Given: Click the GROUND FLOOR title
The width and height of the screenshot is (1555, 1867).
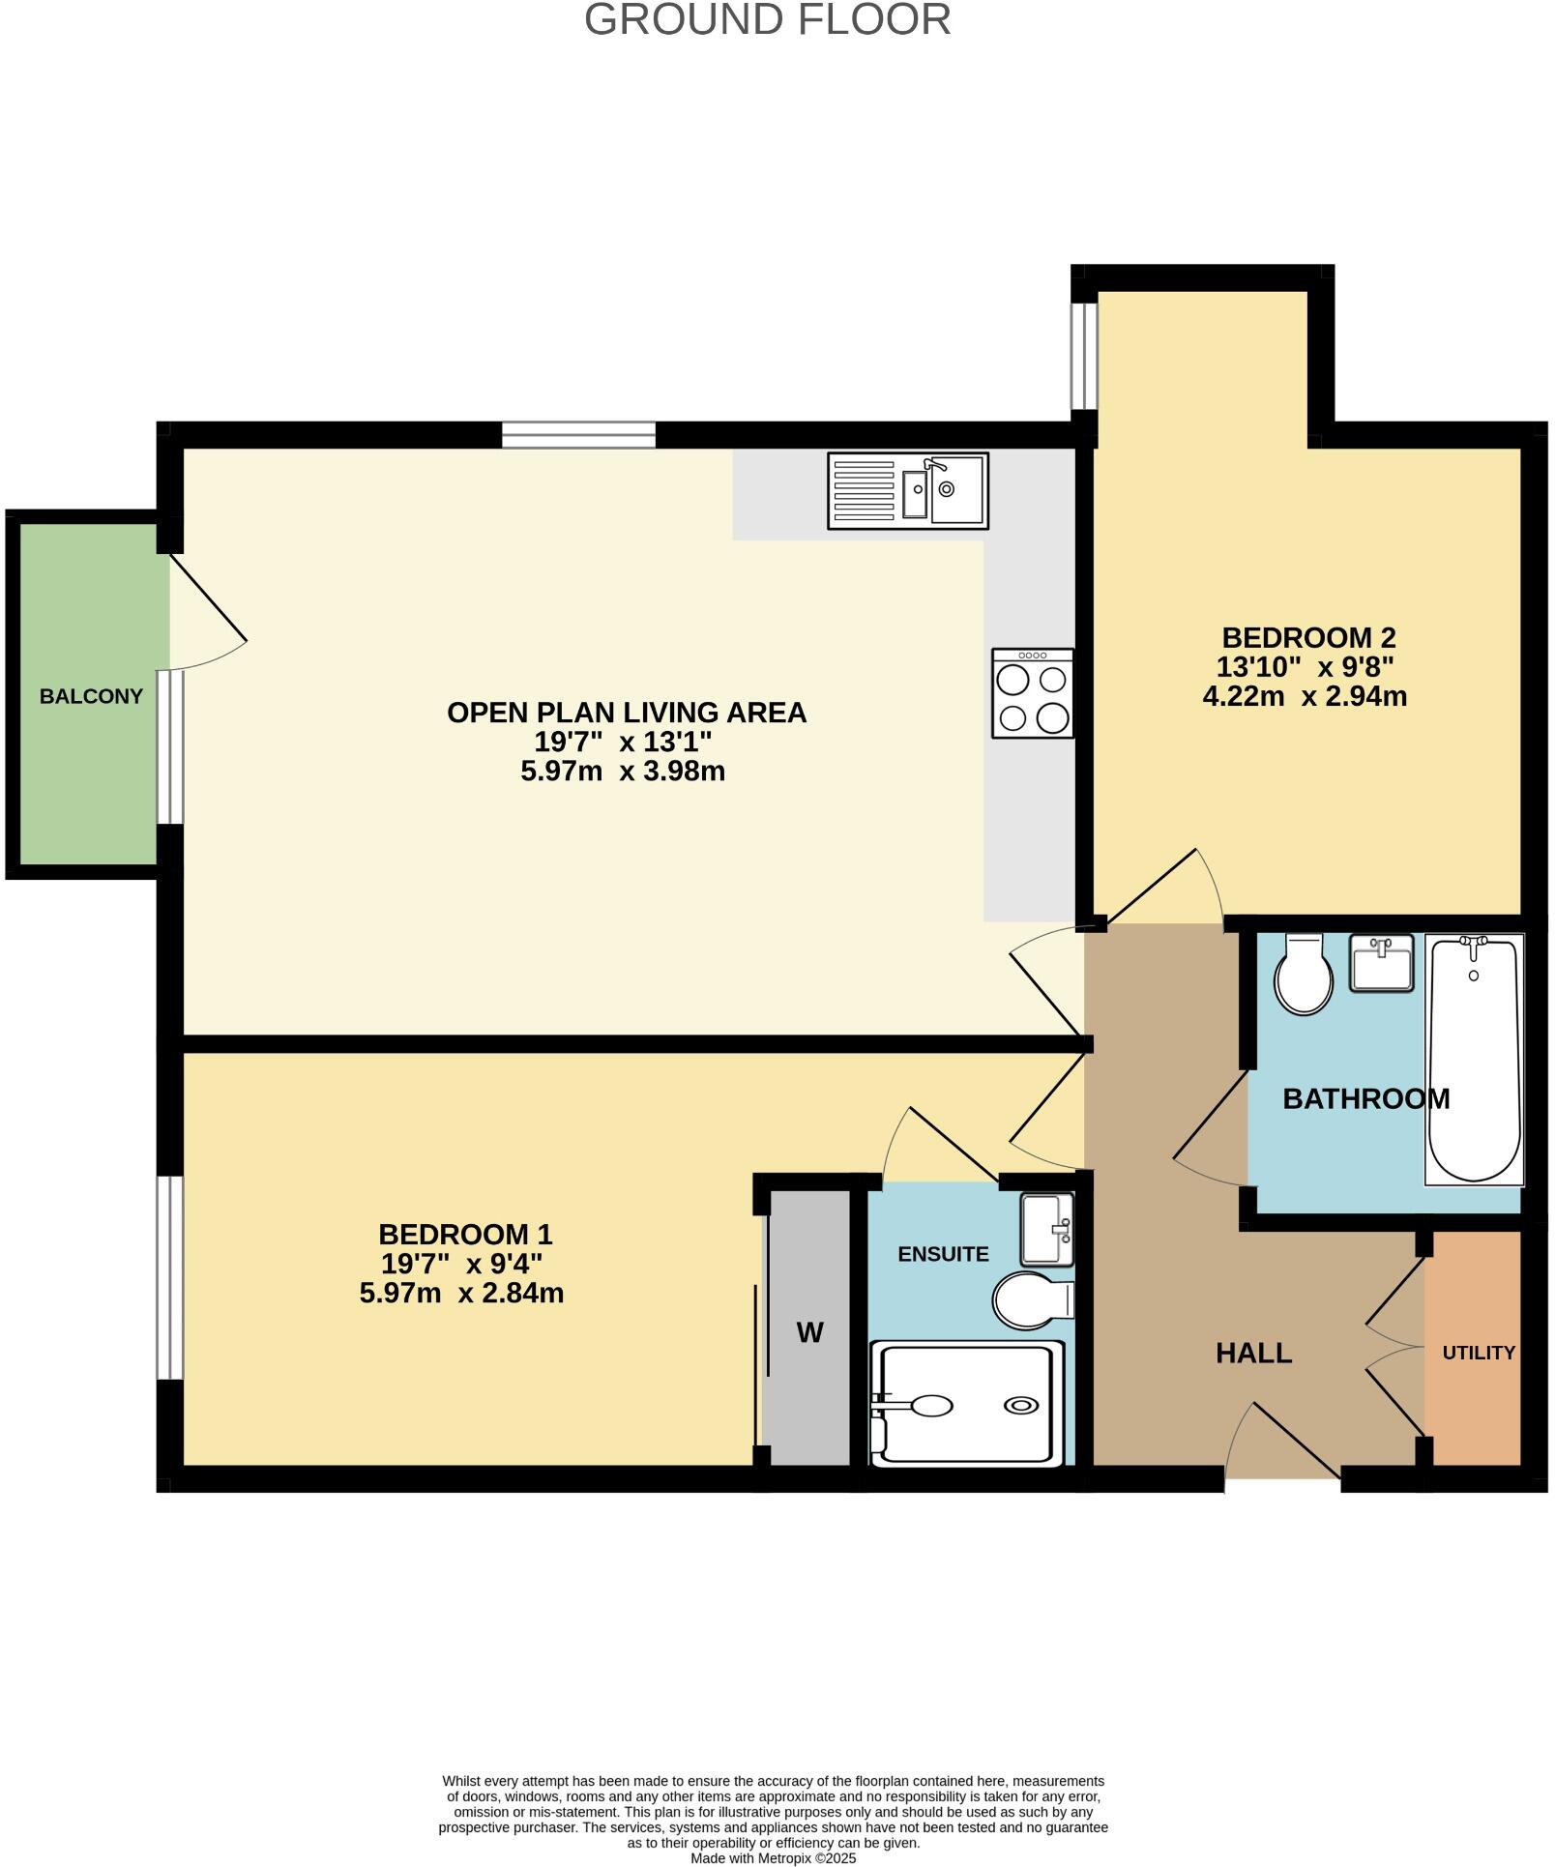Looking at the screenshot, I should click(x=767, y=20).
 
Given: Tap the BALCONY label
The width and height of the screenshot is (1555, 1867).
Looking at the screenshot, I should click(x=91, y=696).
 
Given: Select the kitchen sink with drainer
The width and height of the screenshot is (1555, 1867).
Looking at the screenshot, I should click(x=907, y=491).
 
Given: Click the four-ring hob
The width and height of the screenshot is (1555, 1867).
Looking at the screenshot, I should click(x=1032, y=694).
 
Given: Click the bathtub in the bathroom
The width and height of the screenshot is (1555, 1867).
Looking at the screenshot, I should click(x=1474, y=1059).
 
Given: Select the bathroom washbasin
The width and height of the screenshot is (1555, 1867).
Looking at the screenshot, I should click(x=1382, y=964).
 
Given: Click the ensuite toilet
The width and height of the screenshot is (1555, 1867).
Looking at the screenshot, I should click(x=1031, y=1300).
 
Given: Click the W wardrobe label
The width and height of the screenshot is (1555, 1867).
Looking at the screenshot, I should click(x=809, y=1333).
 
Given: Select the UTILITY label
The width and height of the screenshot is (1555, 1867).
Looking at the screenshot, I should click(x=1478, y=1353).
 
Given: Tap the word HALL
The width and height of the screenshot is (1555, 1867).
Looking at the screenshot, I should click(x=1253, y=1353).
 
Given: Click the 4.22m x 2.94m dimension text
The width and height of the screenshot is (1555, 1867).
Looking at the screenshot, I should click(x=1304, y=696).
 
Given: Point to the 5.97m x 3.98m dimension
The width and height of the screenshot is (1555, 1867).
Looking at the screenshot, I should click(x=623, y=772).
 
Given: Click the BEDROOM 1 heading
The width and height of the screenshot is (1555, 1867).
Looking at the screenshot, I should click(x=465, y=1235).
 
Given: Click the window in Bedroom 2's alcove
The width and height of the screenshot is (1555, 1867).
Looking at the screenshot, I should click(x=1084, y=358).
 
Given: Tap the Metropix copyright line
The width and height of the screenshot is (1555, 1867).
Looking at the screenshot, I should click(x=773, y=1857).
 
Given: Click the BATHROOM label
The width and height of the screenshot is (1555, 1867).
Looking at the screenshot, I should click(x=1364, y=1098).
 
